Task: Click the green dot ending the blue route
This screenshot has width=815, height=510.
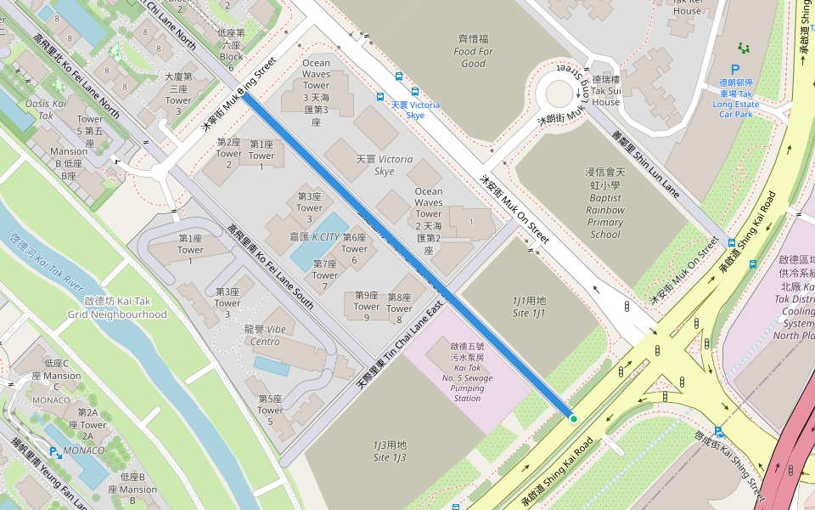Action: pos(573,418)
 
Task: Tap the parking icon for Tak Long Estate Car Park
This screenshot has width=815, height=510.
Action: pos(735,72)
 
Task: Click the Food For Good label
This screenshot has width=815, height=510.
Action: pos(474,51)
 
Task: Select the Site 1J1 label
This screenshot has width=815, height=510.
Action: pos(528,308)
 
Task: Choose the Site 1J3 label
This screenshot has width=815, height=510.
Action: pos(390,451)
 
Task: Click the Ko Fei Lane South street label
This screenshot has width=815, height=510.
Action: pos(271,266)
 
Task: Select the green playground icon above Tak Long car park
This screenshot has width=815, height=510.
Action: pos(745,48)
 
